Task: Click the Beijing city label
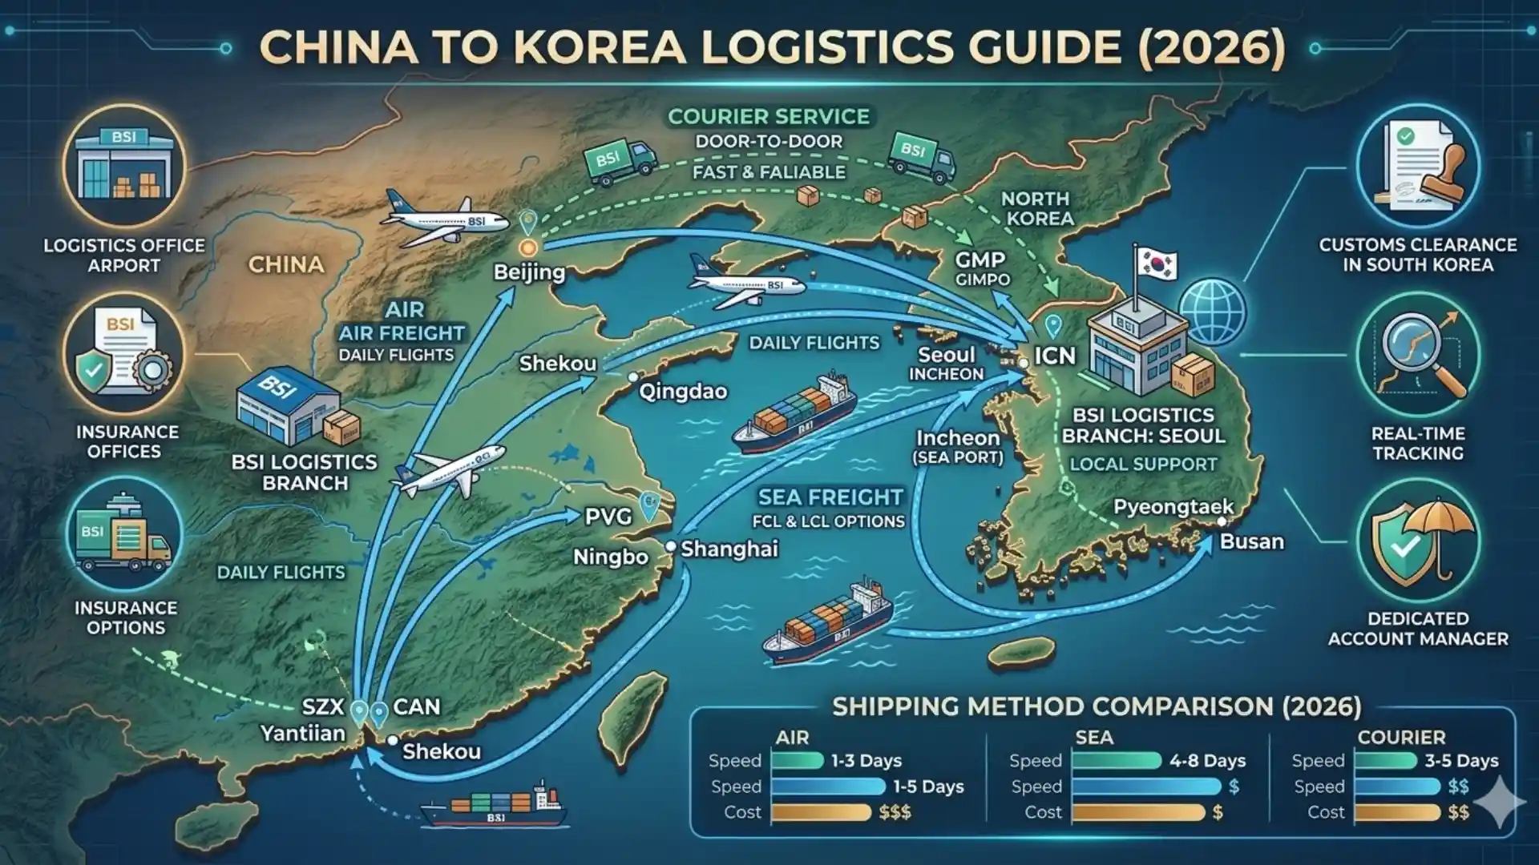pos(529,272)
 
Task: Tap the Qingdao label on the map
pos(683,392)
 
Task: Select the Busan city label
pos(1251,541)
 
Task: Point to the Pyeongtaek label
pos(1173,507)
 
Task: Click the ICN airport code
pos(1055,356)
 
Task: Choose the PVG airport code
pos(608,517)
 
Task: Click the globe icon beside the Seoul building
pos(1213,311)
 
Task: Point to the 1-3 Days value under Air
pos(866,760)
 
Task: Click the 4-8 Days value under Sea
pos(1207,760)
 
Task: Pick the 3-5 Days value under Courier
pos(1461,760)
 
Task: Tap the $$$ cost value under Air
pos(895,812)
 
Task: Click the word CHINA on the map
pos(286,265)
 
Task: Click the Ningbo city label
pos(611,557)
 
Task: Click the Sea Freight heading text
pos(830,497)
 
